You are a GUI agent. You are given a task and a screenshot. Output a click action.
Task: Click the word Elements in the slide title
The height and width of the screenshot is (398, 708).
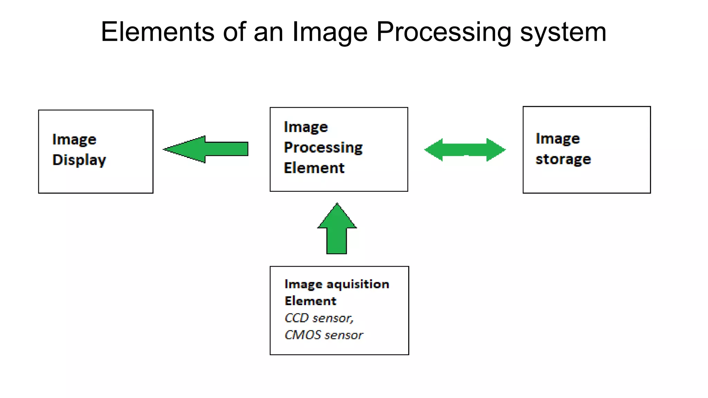(x=158, y=32)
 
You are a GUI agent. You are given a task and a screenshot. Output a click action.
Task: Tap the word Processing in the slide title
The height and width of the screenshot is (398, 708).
(x=444, y=32)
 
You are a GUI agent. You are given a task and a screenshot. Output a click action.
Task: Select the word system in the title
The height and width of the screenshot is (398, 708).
(x=563, y=32)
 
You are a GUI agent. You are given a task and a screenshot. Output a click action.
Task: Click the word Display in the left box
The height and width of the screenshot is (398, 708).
(x=79, y=160)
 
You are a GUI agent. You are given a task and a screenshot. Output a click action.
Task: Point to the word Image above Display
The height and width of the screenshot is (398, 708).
(x=74, y=140)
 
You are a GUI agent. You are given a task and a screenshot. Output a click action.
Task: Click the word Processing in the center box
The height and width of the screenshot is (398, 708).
(x=323, y=148)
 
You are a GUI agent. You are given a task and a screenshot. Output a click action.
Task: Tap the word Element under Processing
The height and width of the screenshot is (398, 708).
(x=314, y=168)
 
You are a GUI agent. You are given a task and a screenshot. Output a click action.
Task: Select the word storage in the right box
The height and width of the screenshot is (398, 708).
(x=563, y=159)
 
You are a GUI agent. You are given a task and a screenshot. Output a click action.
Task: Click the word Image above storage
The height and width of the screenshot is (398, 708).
(x=558, y=139)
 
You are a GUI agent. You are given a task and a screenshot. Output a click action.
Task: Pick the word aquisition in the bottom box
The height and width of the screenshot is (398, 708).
(x=358, y=284)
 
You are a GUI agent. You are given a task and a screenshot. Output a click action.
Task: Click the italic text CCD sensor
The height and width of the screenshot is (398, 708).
(x=319, y=318)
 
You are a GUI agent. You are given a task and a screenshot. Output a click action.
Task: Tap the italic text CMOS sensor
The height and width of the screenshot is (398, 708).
(x=324, y=335)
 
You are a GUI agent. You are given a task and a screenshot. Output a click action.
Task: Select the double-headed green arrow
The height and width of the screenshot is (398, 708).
(x=465, y=150)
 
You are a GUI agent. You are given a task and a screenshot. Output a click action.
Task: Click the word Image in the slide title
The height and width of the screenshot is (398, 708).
(x=330, y=32)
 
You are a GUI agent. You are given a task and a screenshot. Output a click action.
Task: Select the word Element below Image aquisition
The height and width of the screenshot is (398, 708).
(x=310, y=301)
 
